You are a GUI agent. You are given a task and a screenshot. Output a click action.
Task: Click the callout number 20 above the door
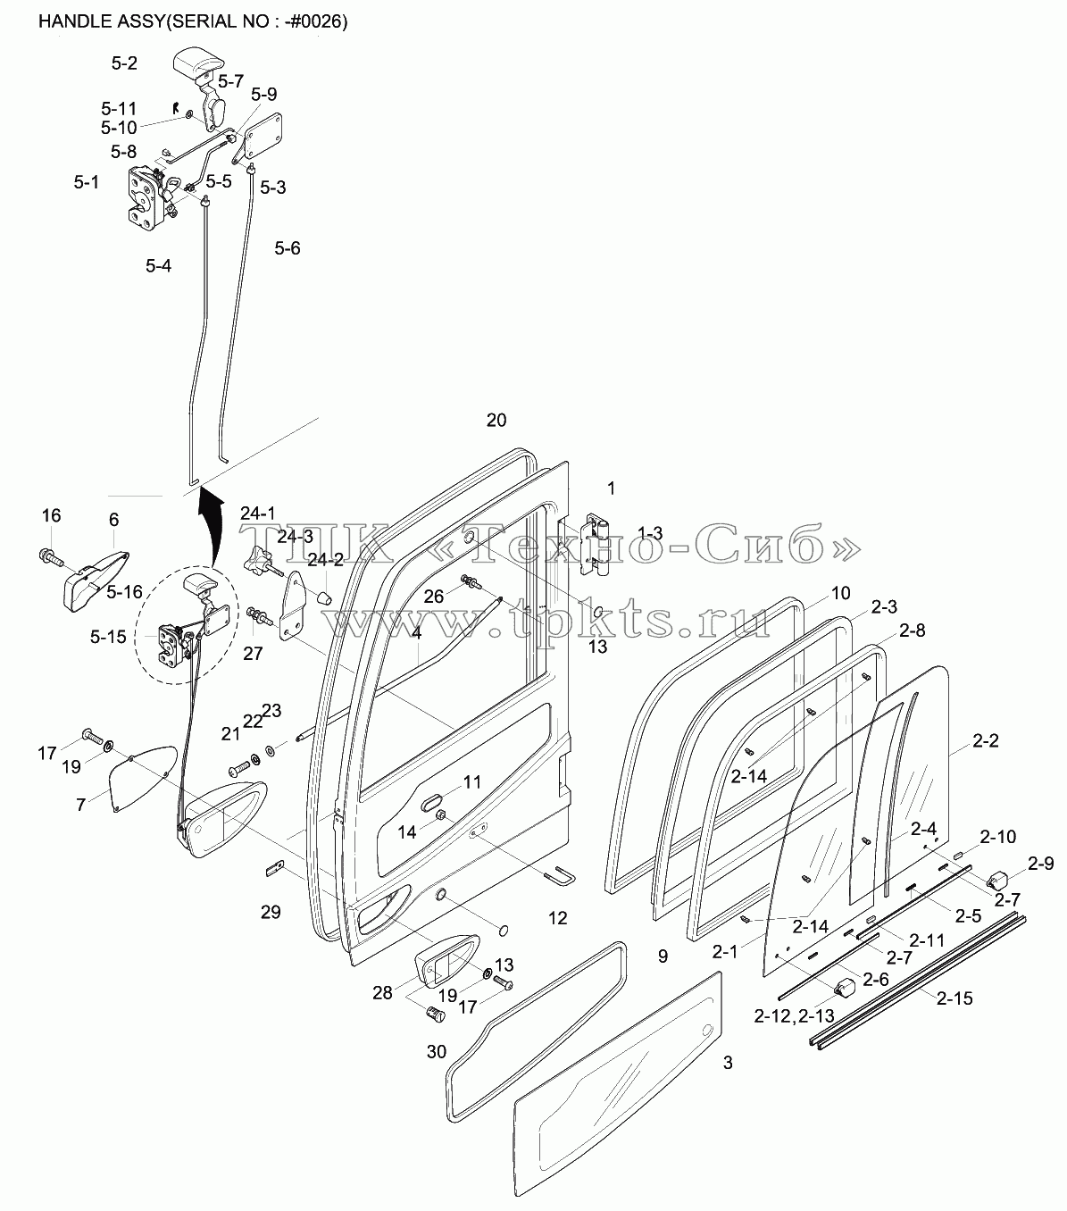496,421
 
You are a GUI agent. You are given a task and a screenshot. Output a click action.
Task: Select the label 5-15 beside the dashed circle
108,637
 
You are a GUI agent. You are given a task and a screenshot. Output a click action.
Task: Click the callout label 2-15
954,998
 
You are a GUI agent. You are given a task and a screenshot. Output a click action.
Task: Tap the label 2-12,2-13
794,1015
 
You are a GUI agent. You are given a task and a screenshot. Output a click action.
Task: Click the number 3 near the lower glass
728,1063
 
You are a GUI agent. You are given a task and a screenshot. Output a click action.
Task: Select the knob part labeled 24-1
260,559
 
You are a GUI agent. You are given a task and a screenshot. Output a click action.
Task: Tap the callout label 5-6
287,248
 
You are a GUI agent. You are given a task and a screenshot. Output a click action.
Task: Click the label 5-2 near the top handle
124,63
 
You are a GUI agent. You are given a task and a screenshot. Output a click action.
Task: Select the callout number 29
271,912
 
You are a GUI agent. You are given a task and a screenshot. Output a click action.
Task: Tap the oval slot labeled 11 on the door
433,803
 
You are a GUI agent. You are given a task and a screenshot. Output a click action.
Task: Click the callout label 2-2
985,740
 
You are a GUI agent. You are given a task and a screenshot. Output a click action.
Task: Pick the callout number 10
840,593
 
